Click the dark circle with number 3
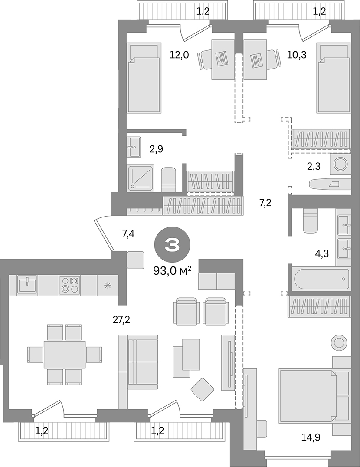tap(172, 246)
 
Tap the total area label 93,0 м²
tap(172, 271)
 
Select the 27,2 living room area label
tap(121, 320)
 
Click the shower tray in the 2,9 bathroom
tap(141, 178)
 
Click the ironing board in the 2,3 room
tap(330, 184)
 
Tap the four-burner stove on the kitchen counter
tap(69, 285)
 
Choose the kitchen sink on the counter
tap(27, 285)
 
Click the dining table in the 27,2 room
tap(65, 354)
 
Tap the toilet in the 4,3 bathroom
tap(311, 220)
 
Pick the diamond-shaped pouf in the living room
tap(202, 389)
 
